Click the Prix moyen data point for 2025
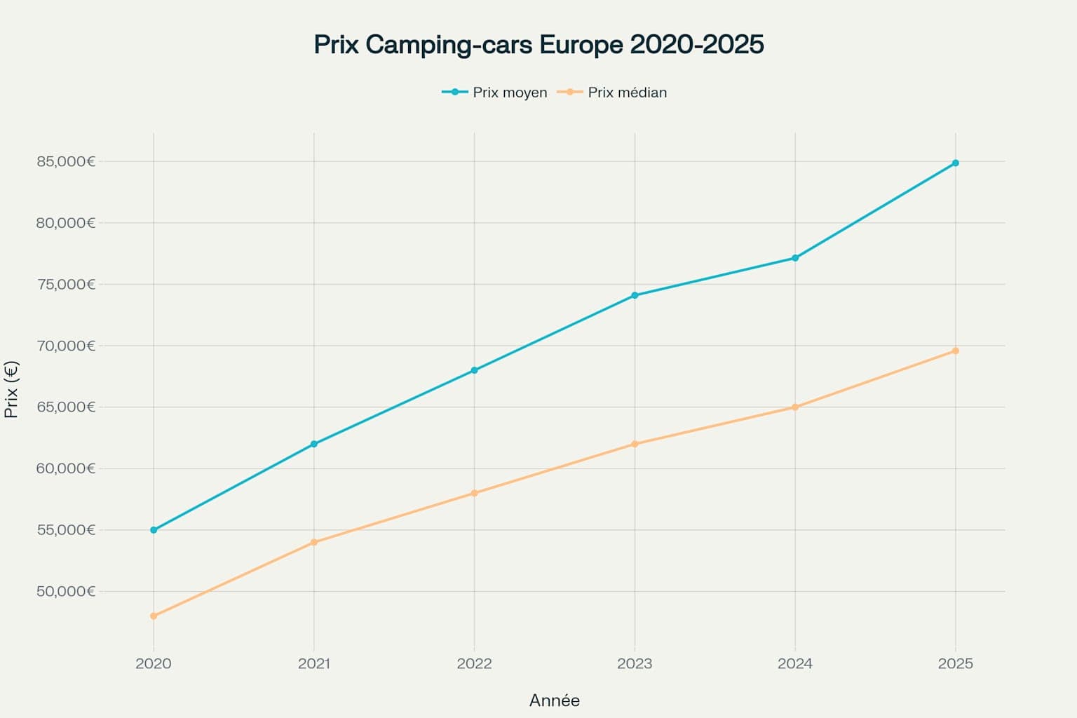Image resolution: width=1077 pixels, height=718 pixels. [x=955, y=163]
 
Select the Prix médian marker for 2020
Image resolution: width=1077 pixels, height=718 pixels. [x=154, y=616]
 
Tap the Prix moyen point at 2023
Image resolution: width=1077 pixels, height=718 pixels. [x=635, y=295]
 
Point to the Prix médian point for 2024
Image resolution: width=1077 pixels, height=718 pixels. [x=795, y=407]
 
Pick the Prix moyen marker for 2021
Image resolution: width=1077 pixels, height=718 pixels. [x=314, y=444]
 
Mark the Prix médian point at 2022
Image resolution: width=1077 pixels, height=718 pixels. [x=475, y=493]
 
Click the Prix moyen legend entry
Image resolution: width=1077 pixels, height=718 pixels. [x=495, y=93]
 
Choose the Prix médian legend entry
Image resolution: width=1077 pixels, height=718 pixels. [x=612, y=93]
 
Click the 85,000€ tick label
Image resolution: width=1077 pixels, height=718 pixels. [x=66, y=162]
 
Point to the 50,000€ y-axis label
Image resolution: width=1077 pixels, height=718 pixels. [x=66, y=591]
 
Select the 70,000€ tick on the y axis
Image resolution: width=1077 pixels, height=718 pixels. [x=66, y=346]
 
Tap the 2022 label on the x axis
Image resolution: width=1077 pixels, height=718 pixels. [x=475, y=663]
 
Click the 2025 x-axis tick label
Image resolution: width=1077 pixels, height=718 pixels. [x=955, y=663]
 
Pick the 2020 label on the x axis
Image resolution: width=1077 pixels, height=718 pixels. [x=154, y=663]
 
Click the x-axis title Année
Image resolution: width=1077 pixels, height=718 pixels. [x=554, y=700]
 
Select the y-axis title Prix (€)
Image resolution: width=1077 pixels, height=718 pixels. [x=11, y=390]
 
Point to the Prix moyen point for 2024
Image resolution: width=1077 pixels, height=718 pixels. [x=795, y=258]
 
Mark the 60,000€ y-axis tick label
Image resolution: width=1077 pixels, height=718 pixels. [x=66, y=468]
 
